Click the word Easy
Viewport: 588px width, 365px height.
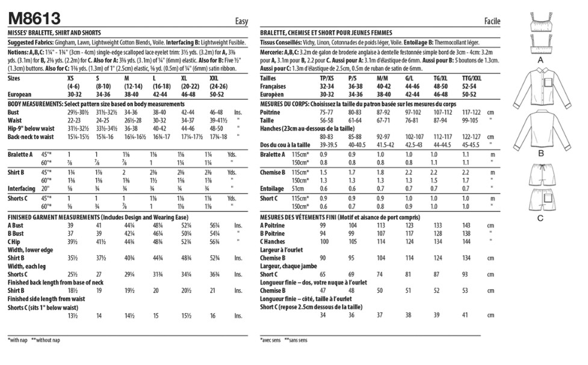click(241, 22)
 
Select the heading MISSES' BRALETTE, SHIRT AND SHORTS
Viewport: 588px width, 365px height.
click(54, 32)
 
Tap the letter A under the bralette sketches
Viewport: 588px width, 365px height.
click(540, 61)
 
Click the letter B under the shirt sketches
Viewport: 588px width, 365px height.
click(540, 153)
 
